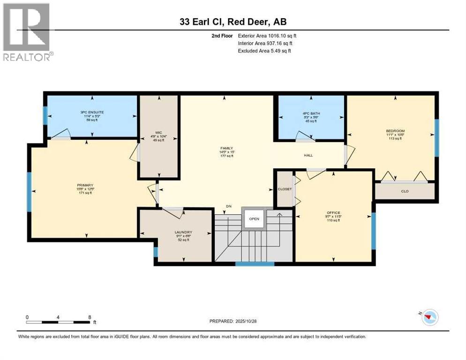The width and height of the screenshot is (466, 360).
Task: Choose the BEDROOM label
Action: (395, 131)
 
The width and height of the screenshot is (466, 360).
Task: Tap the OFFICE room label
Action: (333, 212)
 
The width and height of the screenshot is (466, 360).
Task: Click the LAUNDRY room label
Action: (183, 232)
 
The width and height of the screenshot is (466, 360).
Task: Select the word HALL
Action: (308, 155)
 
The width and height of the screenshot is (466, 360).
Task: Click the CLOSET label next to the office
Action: (285, 189)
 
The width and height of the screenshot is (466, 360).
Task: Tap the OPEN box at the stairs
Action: (254, 218)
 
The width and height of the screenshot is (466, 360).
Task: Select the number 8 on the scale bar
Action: (89, 317)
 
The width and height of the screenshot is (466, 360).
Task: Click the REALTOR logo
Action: (26, 32)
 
